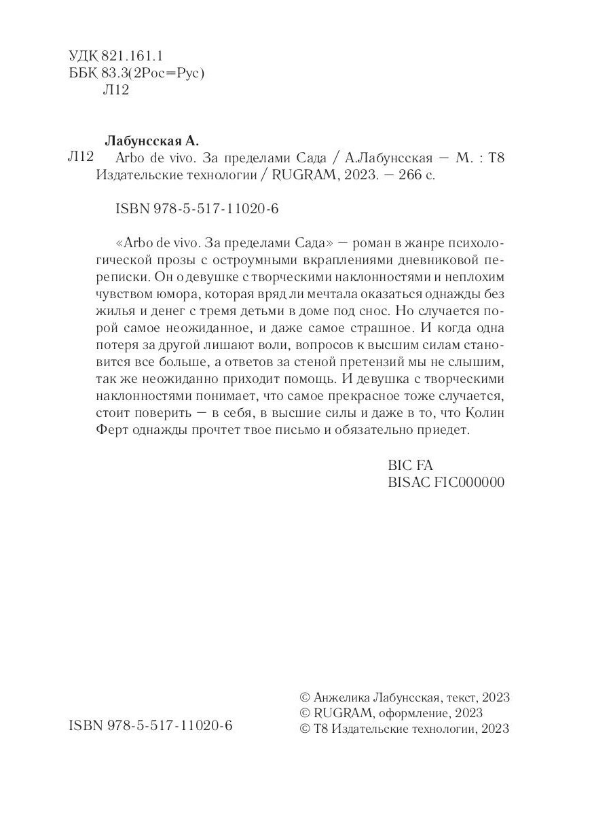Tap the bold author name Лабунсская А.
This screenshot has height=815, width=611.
[x=151, y=141]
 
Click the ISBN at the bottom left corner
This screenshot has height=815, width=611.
[x=151, y=726]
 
